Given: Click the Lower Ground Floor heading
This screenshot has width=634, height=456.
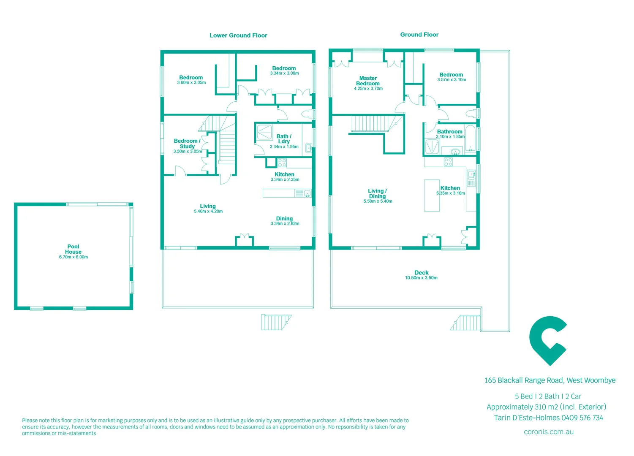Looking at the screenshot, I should pyautogui.click(x=238, y=35).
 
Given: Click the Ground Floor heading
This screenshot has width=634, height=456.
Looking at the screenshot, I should pyautogui.click(x=419, y=35).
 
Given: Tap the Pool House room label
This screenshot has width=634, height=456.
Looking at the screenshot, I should pyautogui.click(x=73, y=249).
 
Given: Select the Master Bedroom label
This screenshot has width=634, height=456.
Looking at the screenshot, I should pyautogui.click(x=368, y=81).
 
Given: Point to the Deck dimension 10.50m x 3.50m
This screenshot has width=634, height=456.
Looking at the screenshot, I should pyautogui.click(x=421, y=278).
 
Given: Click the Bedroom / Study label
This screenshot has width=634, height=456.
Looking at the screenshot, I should pyautogui.click(x=187, y=144).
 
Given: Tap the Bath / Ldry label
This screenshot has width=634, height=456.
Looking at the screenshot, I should pyautogui.click(x=284, y=139).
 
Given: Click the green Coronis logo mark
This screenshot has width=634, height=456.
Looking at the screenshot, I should pyautogui.click(x=547, y=340).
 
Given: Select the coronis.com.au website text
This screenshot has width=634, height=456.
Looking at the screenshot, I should pyautogui.click(x=548, y=432).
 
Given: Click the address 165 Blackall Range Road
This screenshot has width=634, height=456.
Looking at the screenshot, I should pyautogui.click(x=524, y=380).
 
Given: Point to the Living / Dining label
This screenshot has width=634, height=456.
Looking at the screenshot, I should pyautogui.click(x=377, y=193).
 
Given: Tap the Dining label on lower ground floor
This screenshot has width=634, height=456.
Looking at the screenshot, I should pyautogui.click(x=284, y=219).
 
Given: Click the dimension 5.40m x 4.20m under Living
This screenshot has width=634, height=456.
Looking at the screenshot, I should pyautogui.click(x=208, y=212).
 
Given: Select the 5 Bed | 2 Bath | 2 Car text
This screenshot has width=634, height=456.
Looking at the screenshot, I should pyautogui.click(x=548, y=396).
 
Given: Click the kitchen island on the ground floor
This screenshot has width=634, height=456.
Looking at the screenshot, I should pyautogui.click(x=432, y=195).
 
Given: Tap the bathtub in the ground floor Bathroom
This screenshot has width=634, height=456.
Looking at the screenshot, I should pyautogui.click(x=470, y=138).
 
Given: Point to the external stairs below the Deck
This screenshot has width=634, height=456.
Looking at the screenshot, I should pyautogui.click(x=466, y=323).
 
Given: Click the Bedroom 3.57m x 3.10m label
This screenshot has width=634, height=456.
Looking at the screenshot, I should pyautogui.click(x=451, y=77).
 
